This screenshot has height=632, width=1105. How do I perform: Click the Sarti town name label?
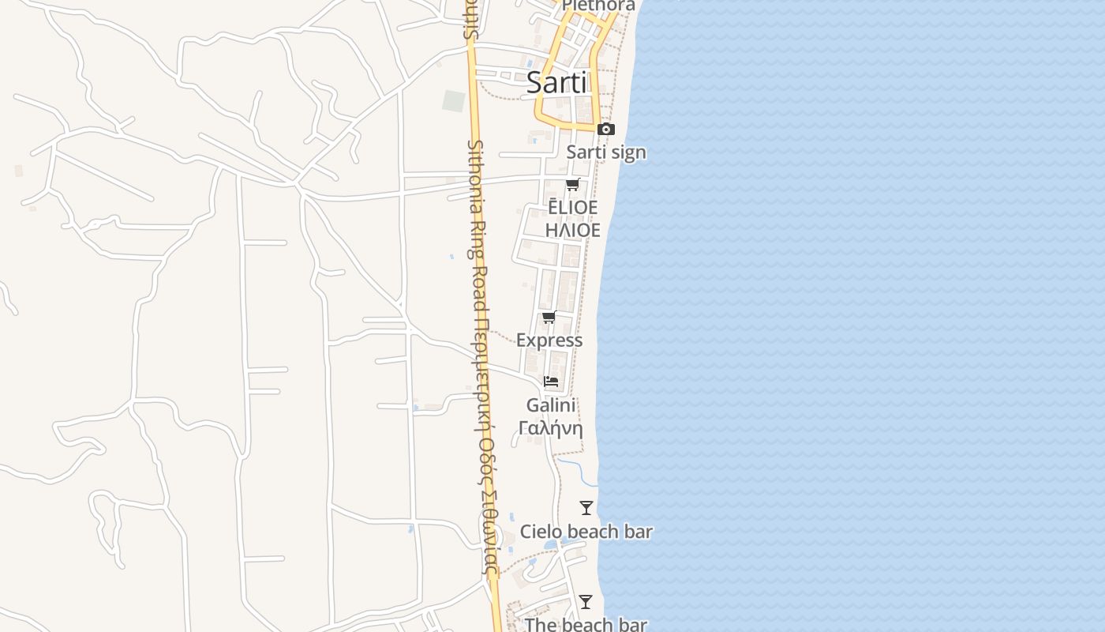556,82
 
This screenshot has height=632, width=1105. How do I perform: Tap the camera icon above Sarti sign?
605,129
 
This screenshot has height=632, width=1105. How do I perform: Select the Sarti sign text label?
606,152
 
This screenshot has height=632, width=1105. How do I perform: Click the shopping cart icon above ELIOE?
572,185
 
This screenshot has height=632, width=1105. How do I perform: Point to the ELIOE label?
573,207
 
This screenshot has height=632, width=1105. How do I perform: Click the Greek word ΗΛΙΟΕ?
573,230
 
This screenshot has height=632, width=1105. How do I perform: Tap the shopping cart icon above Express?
549,318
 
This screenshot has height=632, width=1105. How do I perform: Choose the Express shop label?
549,340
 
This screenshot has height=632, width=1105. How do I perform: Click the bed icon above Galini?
551,382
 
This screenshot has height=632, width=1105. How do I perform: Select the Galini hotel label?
551,405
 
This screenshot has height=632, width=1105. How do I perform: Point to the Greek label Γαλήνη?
551,428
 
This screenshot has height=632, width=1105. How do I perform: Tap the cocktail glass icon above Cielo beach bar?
586,508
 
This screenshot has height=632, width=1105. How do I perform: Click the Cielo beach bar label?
586,532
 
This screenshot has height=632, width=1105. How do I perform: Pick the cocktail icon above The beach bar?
585,602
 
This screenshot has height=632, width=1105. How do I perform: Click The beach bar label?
586,624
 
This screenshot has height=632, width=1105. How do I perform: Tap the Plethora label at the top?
599,6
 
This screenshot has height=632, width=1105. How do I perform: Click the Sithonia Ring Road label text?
478,229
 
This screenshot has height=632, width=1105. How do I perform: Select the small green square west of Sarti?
454,101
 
